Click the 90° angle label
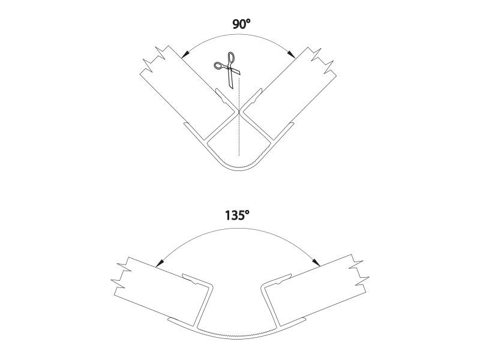point(241,24)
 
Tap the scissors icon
point(227,70)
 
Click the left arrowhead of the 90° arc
point(185,55)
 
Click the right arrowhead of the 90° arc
point(292,54)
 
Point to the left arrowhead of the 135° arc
point(159,263)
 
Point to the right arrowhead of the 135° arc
point(316,262)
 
